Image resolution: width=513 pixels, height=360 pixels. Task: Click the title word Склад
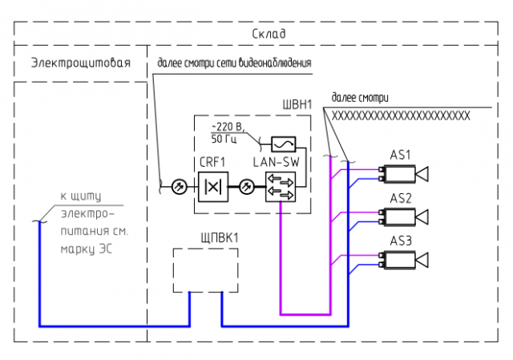click(269, 34)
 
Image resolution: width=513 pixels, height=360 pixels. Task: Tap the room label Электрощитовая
click(81, 63)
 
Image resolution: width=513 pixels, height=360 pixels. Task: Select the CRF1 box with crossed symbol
click(213, 187)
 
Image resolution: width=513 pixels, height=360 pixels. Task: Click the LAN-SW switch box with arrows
click(281, 187)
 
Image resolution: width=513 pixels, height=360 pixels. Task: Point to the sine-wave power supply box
click(284, 144)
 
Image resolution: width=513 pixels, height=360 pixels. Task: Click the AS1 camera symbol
click(403, 174)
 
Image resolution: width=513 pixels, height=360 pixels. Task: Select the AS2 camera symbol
click(403, 217)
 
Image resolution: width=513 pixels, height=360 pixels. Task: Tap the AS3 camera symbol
click(403, 260)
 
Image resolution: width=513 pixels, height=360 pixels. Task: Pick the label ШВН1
click(297, 105)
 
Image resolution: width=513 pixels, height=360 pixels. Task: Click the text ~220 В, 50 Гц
click(228, 133)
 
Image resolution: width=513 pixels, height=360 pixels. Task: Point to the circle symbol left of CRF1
click(180, 187)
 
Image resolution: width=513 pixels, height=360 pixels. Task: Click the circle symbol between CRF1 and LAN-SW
click(247, 187)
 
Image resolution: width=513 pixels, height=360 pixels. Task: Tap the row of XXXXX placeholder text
click(401, 115)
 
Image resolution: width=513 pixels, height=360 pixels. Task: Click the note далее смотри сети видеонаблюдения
click(234, 63)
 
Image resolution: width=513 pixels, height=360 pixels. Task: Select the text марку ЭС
click(87, 249)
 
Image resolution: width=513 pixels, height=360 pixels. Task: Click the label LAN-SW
click(276, 162)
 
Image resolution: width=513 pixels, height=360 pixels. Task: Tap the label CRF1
click(212, 162)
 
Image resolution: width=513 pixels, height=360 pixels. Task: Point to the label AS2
click(401, 198)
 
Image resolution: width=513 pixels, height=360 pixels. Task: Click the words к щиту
click(81, 196)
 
